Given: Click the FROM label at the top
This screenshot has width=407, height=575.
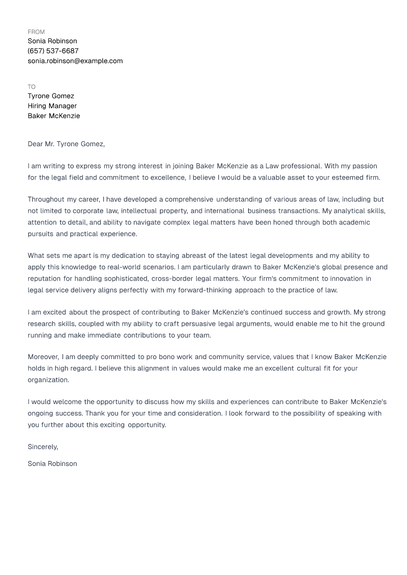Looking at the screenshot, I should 36,32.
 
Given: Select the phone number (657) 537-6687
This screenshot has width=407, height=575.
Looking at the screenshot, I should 53,51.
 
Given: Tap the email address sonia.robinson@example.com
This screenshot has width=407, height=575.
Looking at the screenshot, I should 75,61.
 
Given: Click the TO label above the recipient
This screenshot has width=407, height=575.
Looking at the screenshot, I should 32,87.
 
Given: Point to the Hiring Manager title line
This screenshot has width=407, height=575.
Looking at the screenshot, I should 52,106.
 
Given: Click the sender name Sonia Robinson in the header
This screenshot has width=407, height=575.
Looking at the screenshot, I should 52,41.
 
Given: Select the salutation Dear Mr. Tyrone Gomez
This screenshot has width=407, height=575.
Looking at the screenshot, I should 66,144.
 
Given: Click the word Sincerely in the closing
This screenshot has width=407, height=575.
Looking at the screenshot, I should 42,447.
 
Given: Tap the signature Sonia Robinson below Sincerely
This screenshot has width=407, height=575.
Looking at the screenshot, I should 52,464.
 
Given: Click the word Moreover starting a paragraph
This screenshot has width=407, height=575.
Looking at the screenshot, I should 43,357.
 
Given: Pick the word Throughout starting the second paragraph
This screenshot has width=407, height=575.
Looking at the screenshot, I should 46,199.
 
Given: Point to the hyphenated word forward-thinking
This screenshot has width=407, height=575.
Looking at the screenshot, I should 205,290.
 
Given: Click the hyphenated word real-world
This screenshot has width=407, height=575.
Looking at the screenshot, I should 124,267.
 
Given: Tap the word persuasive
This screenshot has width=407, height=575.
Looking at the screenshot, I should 195,324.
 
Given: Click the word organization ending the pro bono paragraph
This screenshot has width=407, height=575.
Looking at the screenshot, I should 48,380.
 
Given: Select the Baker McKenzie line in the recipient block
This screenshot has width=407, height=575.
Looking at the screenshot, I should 54,116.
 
